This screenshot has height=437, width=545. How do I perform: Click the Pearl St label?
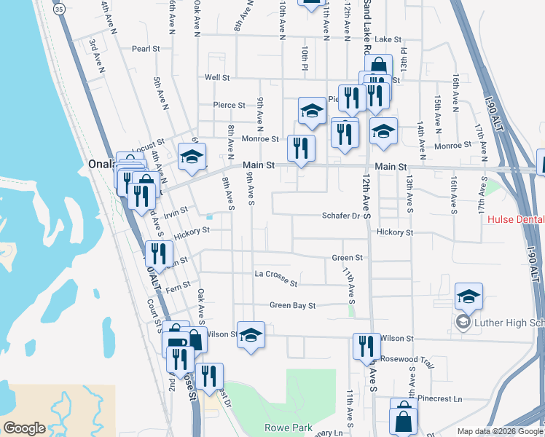point(146,49)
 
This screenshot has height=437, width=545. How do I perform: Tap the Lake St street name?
point(388,39)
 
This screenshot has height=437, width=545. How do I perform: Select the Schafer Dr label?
point(341,216)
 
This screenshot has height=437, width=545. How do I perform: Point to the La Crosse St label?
point(275,277)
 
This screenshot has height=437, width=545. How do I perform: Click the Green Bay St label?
point(292,306)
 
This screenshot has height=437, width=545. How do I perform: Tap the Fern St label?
point(179,285)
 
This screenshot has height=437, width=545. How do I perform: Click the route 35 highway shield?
point(59,9)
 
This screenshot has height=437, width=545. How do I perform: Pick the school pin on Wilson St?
point(251,335)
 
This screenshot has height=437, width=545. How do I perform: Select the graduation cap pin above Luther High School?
point(468,296)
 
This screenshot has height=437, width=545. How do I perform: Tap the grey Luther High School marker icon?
point(462,322)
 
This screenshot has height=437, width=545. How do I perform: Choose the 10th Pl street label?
point(305,58)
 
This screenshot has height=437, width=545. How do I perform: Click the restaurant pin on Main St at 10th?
point(301,148)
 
